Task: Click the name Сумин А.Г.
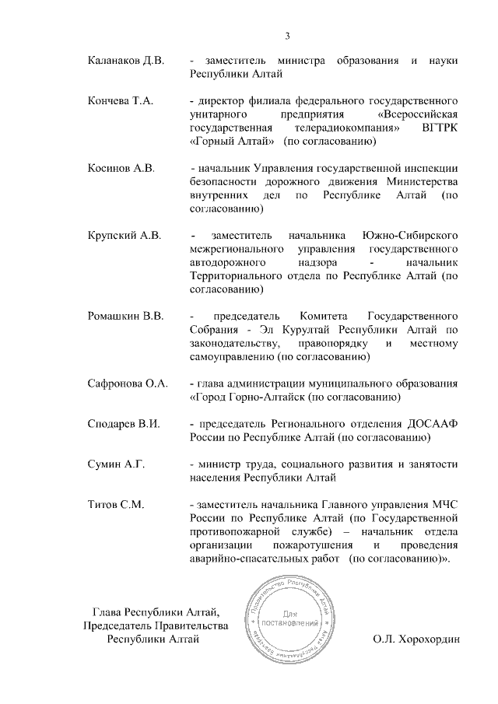click(x=116, y=464)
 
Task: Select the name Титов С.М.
click(x=116, y=505)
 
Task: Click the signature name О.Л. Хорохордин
click(x=417, y=639)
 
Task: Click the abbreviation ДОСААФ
click(x=431, y=424)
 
